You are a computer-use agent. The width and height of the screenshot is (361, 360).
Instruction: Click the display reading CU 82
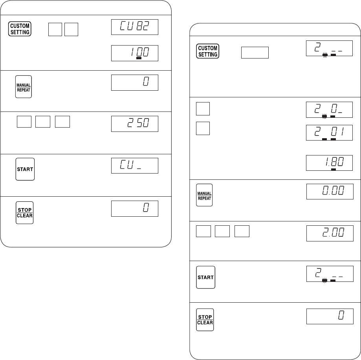tap(135, 27)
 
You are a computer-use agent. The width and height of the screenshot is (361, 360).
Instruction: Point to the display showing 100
tap(135, 53)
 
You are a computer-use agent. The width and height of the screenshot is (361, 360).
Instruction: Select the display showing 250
tap(135, 124)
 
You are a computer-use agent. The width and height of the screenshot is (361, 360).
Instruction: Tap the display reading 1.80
tap(329, 163)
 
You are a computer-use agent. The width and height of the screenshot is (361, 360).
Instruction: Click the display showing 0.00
tap(330, 192)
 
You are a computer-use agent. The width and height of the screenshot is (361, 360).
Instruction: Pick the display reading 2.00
tap(330, 233)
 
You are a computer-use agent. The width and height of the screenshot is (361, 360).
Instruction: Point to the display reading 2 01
tap(329, 133)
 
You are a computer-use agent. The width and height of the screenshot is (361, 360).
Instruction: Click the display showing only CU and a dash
tap(135, 166)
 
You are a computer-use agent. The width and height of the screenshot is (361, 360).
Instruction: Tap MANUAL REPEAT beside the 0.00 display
tap(204, 195)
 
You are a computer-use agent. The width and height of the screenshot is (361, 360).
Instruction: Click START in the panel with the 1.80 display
tap(205, 277)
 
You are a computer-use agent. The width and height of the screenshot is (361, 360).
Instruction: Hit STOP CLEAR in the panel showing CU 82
tap(25, 213)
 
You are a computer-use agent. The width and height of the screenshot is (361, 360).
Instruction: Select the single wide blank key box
tap(255, 53)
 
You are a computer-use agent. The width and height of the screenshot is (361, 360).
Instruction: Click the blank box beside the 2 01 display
tap(203, 128)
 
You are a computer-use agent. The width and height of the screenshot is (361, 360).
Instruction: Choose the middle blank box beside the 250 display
tap(43, 122)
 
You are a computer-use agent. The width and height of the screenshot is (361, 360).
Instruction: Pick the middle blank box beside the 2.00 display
tap(222, 231)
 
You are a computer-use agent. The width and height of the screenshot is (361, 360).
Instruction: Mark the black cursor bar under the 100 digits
tap(139, 58)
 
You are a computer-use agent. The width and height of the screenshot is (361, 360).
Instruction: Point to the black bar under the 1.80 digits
tap(334, 170)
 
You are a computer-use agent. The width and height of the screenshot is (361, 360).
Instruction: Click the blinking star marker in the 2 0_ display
tap(324, 116)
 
